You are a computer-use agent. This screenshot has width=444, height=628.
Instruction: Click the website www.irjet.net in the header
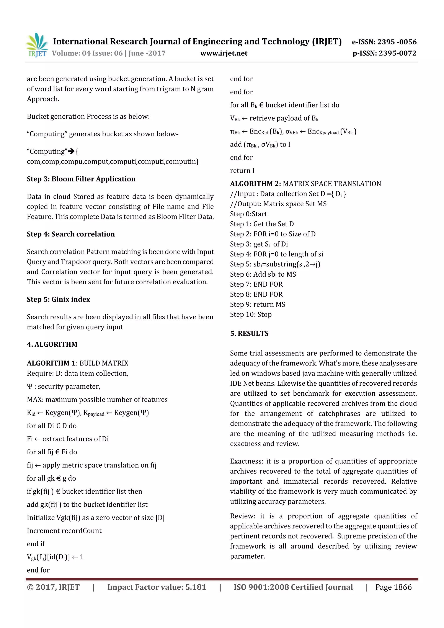pos(224,53)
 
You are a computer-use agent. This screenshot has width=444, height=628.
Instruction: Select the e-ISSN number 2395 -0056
pos(397,42)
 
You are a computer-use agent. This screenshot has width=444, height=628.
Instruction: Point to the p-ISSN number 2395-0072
pos(397,53)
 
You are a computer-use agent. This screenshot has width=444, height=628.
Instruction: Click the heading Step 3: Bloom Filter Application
pos(81,179)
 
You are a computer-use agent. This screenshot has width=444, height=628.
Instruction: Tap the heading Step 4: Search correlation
pos(71,234)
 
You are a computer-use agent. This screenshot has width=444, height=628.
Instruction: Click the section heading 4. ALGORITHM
pos(52,344)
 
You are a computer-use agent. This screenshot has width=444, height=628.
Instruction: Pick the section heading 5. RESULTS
pos(249,333)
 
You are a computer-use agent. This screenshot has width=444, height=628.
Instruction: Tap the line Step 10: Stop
pos(251,315)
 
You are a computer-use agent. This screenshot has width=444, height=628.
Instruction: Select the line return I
pos(242,171)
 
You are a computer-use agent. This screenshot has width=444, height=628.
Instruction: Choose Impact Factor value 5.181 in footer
pos(157,587)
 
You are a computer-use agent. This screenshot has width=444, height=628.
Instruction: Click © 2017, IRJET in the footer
pos(53,587)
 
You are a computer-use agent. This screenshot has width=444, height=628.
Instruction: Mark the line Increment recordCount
pos(64,531)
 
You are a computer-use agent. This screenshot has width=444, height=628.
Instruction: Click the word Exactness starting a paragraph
pos(246,462)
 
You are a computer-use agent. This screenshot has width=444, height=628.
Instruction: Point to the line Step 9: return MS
pos(257,304)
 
